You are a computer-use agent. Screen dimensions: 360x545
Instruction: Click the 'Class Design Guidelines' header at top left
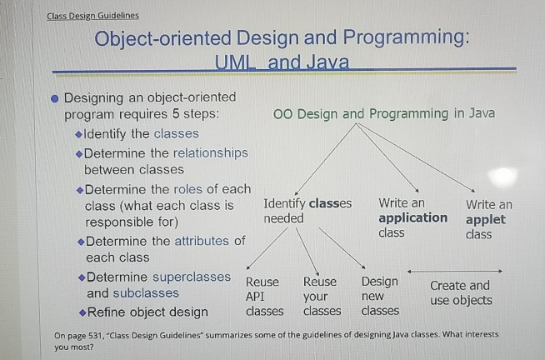(x=92, y=15)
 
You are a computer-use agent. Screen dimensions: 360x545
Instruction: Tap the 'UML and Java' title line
(x=281, y=62)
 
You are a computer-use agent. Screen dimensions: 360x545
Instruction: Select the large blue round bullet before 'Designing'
(x=53, y=98)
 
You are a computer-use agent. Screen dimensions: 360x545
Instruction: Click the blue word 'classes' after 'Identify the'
(x=177, y=133)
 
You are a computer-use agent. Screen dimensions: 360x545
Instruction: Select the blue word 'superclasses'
(x=189, y=276)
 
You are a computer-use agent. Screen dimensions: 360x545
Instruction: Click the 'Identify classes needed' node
(x=307, y=211)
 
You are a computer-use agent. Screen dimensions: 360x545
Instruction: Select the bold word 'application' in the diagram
(x=412, y=218)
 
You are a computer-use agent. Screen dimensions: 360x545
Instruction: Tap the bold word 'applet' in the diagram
(x=485, y=219)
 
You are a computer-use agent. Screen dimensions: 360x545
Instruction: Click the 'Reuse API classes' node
(x=263, y=297)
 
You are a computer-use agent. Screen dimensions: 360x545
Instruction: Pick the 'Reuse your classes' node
(x=322, y=297)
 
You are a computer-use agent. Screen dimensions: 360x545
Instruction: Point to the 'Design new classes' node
(x=380, y=297)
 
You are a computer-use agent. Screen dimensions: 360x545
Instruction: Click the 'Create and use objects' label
(x=460, y=293)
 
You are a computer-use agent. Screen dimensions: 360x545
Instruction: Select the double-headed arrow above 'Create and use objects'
(x=455, y=271)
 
